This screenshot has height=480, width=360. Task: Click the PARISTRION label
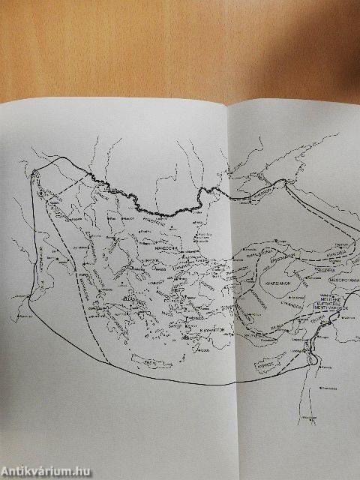[155, 222]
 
